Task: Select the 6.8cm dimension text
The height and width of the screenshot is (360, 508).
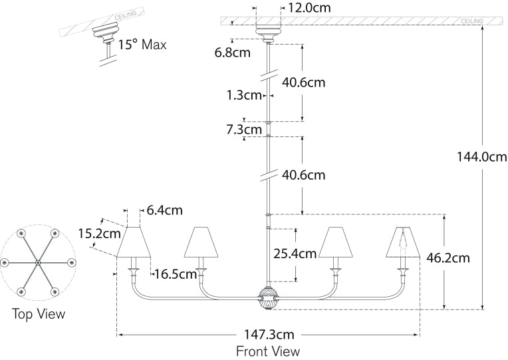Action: tap(233, 52)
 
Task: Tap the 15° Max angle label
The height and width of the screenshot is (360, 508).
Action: tap(142, 46)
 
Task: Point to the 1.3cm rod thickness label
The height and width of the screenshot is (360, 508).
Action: tap(243, 95)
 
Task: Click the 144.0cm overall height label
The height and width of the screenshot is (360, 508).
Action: tap(482, 157)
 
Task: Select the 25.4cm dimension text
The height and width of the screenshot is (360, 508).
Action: tap(295, 254)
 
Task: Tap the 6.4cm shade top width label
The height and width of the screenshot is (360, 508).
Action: tap(164, 210)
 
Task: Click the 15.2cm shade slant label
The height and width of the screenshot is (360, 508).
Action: tap(99, 234)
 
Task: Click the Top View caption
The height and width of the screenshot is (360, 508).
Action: tap(39, 313)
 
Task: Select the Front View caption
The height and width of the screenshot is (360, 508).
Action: tap(268, 351)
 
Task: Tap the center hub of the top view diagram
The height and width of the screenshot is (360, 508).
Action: tap(38, 264)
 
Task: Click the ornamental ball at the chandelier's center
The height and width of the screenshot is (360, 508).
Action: tap(268, 297)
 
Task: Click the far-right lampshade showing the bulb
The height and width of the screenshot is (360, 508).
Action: tap(402, 242)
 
